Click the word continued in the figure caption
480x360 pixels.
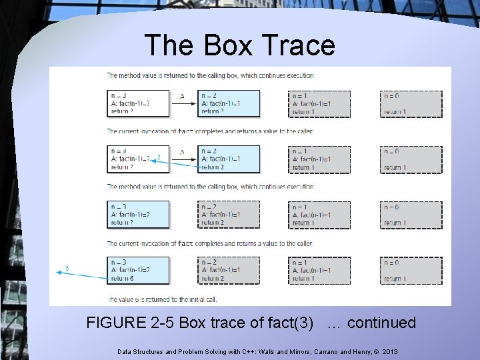click(x=381, y=323)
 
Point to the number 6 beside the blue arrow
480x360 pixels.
click(x=67, y=269)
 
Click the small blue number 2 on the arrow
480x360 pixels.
click(x=158, y=157)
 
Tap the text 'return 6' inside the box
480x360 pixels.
click(x=123, y=278)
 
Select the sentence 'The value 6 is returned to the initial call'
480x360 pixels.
click(x=162, y=299)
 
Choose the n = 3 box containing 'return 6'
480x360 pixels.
click(x=138, y=269)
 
